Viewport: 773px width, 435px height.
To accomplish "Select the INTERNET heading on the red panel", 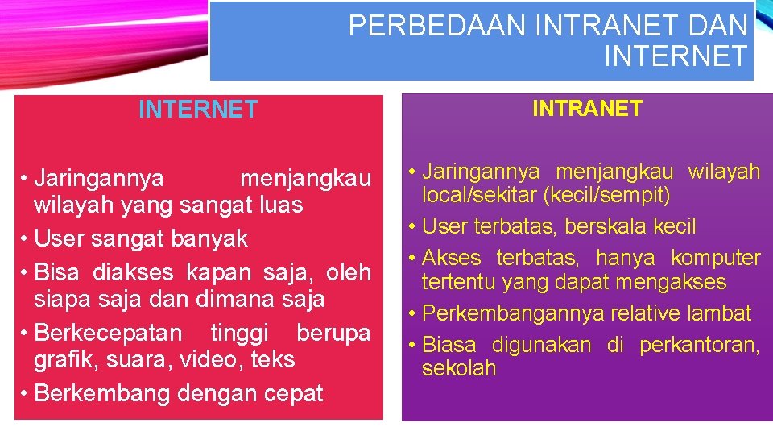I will pos(198,110).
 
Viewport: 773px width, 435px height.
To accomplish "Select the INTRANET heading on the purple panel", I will pos(587,109).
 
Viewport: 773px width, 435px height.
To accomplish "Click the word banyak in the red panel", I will pos(215,238).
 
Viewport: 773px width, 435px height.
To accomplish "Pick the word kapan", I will pos(215,272).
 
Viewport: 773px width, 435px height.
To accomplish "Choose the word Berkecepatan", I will pos(109,333).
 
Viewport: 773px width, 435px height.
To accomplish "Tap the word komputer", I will pos(716,258).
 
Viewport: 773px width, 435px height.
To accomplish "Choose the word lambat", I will pos(720,313).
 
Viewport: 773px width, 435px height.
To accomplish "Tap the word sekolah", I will pos(459,369).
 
